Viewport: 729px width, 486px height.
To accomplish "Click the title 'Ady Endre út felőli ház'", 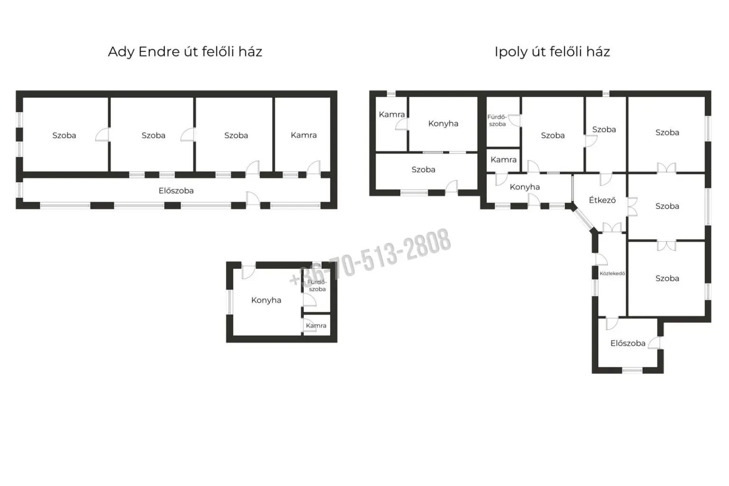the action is coord(185,52).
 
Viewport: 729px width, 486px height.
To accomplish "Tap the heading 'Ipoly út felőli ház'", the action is coord(552,52).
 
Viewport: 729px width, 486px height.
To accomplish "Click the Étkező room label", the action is coord(602,200).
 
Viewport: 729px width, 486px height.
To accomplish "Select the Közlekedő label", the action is coord(612,273).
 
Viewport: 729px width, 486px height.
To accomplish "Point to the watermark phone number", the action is coord(370,257).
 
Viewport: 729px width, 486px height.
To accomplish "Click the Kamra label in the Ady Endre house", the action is coord(304,135).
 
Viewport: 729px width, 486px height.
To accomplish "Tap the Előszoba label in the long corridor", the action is coord(176,190).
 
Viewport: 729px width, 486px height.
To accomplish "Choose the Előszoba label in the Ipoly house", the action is coord(628,343).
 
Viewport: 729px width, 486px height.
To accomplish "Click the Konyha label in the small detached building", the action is coord(266,300).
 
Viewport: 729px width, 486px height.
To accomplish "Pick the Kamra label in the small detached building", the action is coord(316,326).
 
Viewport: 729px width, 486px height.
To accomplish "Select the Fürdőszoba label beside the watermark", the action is coord(317,286).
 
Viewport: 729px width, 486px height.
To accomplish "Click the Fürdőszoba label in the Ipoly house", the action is coord(497,121).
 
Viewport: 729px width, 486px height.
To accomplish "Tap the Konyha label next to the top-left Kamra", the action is coord(443,124).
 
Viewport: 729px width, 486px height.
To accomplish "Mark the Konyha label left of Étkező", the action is coord(524,187).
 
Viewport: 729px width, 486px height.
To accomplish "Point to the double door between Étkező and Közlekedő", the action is coord(612,227).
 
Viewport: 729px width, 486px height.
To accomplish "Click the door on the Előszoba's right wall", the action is coord(654,343).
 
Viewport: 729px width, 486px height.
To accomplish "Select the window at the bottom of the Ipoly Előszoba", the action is coord(632,370).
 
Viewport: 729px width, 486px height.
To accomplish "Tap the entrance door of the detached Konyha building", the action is coord(249,272).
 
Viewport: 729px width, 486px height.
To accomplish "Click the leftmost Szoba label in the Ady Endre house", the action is coord(64,135).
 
